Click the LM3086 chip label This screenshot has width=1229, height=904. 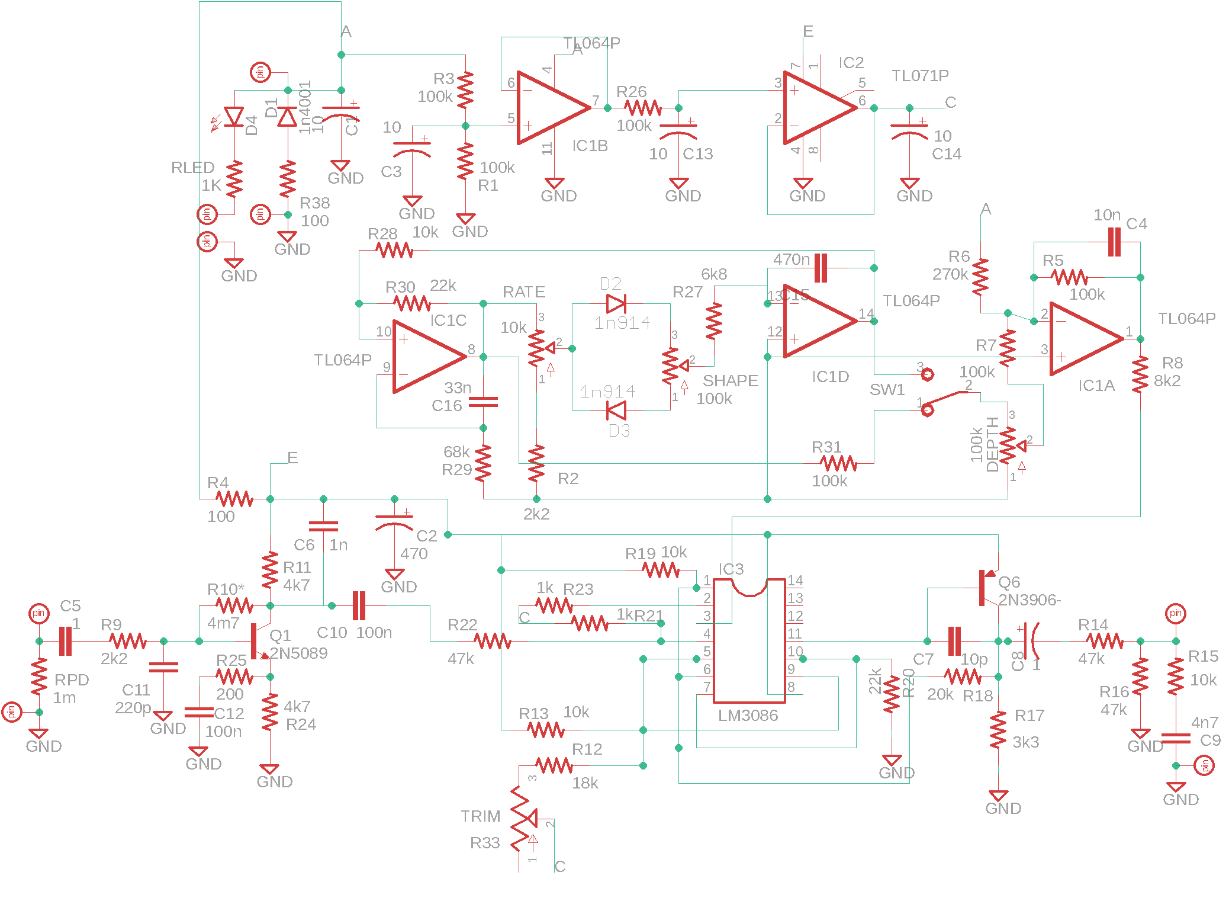click(748, 716)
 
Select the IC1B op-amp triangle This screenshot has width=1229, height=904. click(551, 108)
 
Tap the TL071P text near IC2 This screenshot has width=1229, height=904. click(920, 76)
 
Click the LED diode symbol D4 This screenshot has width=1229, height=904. click(234, 117)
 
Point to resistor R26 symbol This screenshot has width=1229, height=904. click(642, 108)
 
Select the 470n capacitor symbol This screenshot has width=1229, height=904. click(821, 268)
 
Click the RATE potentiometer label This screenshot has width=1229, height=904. click(523, 292)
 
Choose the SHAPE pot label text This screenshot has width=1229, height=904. click(730, 380)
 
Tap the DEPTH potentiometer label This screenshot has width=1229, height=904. click(992, 444)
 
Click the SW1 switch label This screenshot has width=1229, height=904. click(887, 390)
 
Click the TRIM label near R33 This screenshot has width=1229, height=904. click(480, 816)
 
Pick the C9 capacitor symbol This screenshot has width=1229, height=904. click(1176, 738)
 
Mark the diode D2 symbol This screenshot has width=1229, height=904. click(616, 304)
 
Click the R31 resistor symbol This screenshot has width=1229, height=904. click(838, 463)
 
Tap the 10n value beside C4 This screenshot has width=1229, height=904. click(1106, 215)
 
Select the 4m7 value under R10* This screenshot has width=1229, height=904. click(223, 623)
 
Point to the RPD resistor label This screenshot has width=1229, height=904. click(72, 679)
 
